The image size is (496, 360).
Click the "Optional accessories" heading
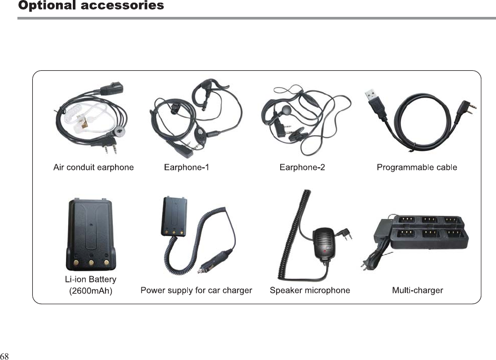(x=91, y=6)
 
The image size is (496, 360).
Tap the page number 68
(x=5, y=355)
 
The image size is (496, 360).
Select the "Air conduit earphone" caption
(x=93, y=167)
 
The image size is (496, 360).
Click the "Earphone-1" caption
(x=186, y=167)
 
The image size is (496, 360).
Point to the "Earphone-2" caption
(x=302, y=167)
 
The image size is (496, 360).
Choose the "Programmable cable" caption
(x=417, y=167)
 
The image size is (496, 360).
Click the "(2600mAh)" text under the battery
(x=91, y=290)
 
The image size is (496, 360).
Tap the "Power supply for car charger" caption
(x=196, y=290)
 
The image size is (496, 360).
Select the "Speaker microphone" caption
(x=310, y=290)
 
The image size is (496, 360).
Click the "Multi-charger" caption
(x=417, y=290)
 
